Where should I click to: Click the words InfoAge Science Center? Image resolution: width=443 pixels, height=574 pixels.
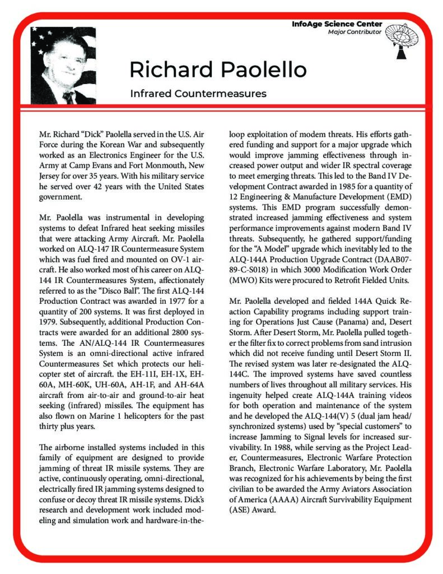[337, 24]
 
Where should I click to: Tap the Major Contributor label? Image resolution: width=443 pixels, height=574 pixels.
[355, 32]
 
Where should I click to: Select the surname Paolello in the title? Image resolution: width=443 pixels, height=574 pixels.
[261, 70]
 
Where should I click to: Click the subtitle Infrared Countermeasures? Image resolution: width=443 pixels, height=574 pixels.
[198, 92]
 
